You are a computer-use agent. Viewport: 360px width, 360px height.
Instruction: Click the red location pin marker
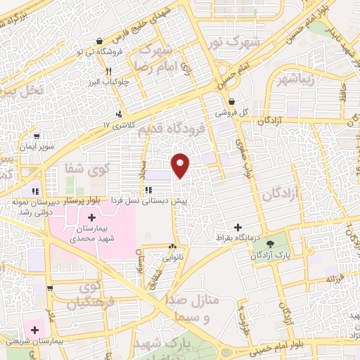(181, 165)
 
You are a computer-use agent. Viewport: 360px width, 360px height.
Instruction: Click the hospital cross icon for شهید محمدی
(91, 217)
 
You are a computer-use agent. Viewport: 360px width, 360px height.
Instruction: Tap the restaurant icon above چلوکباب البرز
(109, 71)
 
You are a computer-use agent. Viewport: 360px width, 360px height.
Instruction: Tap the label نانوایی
(172, 257)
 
